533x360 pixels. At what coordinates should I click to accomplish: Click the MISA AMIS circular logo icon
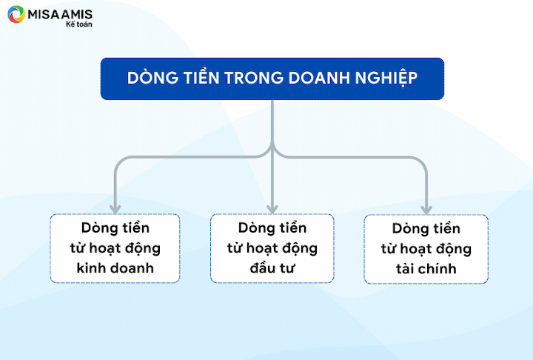coord(16,14)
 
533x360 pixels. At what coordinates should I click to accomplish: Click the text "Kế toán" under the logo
coord(79,24)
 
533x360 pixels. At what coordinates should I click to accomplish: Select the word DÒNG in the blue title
coord(152,77)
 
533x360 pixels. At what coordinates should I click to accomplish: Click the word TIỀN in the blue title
coord(201,77)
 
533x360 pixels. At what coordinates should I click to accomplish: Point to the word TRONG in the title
coord(254,78)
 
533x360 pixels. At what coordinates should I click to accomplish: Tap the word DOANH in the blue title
coord(318,78)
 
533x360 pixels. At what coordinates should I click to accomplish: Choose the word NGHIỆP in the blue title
coord(386,79)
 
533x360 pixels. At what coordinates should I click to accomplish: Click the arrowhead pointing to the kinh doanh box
coord(115,209)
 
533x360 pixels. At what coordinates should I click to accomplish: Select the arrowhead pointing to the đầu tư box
coord(272,209)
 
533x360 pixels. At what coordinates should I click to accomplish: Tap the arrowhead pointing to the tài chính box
coord(426,210)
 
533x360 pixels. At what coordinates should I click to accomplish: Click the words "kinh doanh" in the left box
coord(115,268)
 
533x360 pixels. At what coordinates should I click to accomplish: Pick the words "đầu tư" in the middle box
coord(272,268)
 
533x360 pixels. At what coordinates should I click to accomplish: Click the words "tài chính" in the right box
coord(426,269)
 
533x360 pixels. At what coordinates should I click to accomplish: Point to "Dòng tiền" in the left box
coord(115,228)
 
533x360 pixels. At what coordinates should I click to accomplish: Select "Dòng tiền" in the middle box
coord(272,228)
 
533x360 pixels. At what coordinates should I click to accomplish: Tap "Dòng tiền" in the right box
coord(426,229)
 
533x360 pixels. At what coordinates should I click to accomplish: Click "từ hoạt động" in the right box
coord(426,250)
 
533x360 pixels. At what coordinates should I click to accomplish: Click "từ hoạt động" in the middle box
coord(272,249)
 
